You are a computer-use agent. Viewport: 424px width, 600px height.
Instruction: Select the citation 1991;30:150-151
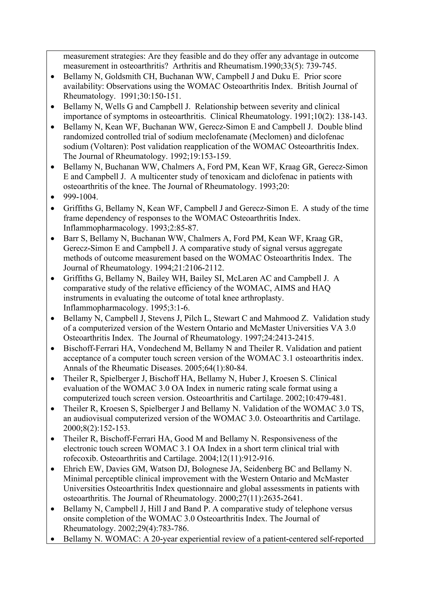coord(151,96)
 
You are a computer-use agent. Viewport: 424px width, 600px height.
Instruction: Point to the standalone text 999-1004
coord(81,197)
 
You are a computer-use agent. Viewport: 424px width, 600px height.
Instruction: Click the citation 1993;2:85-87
coord(174,228)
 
